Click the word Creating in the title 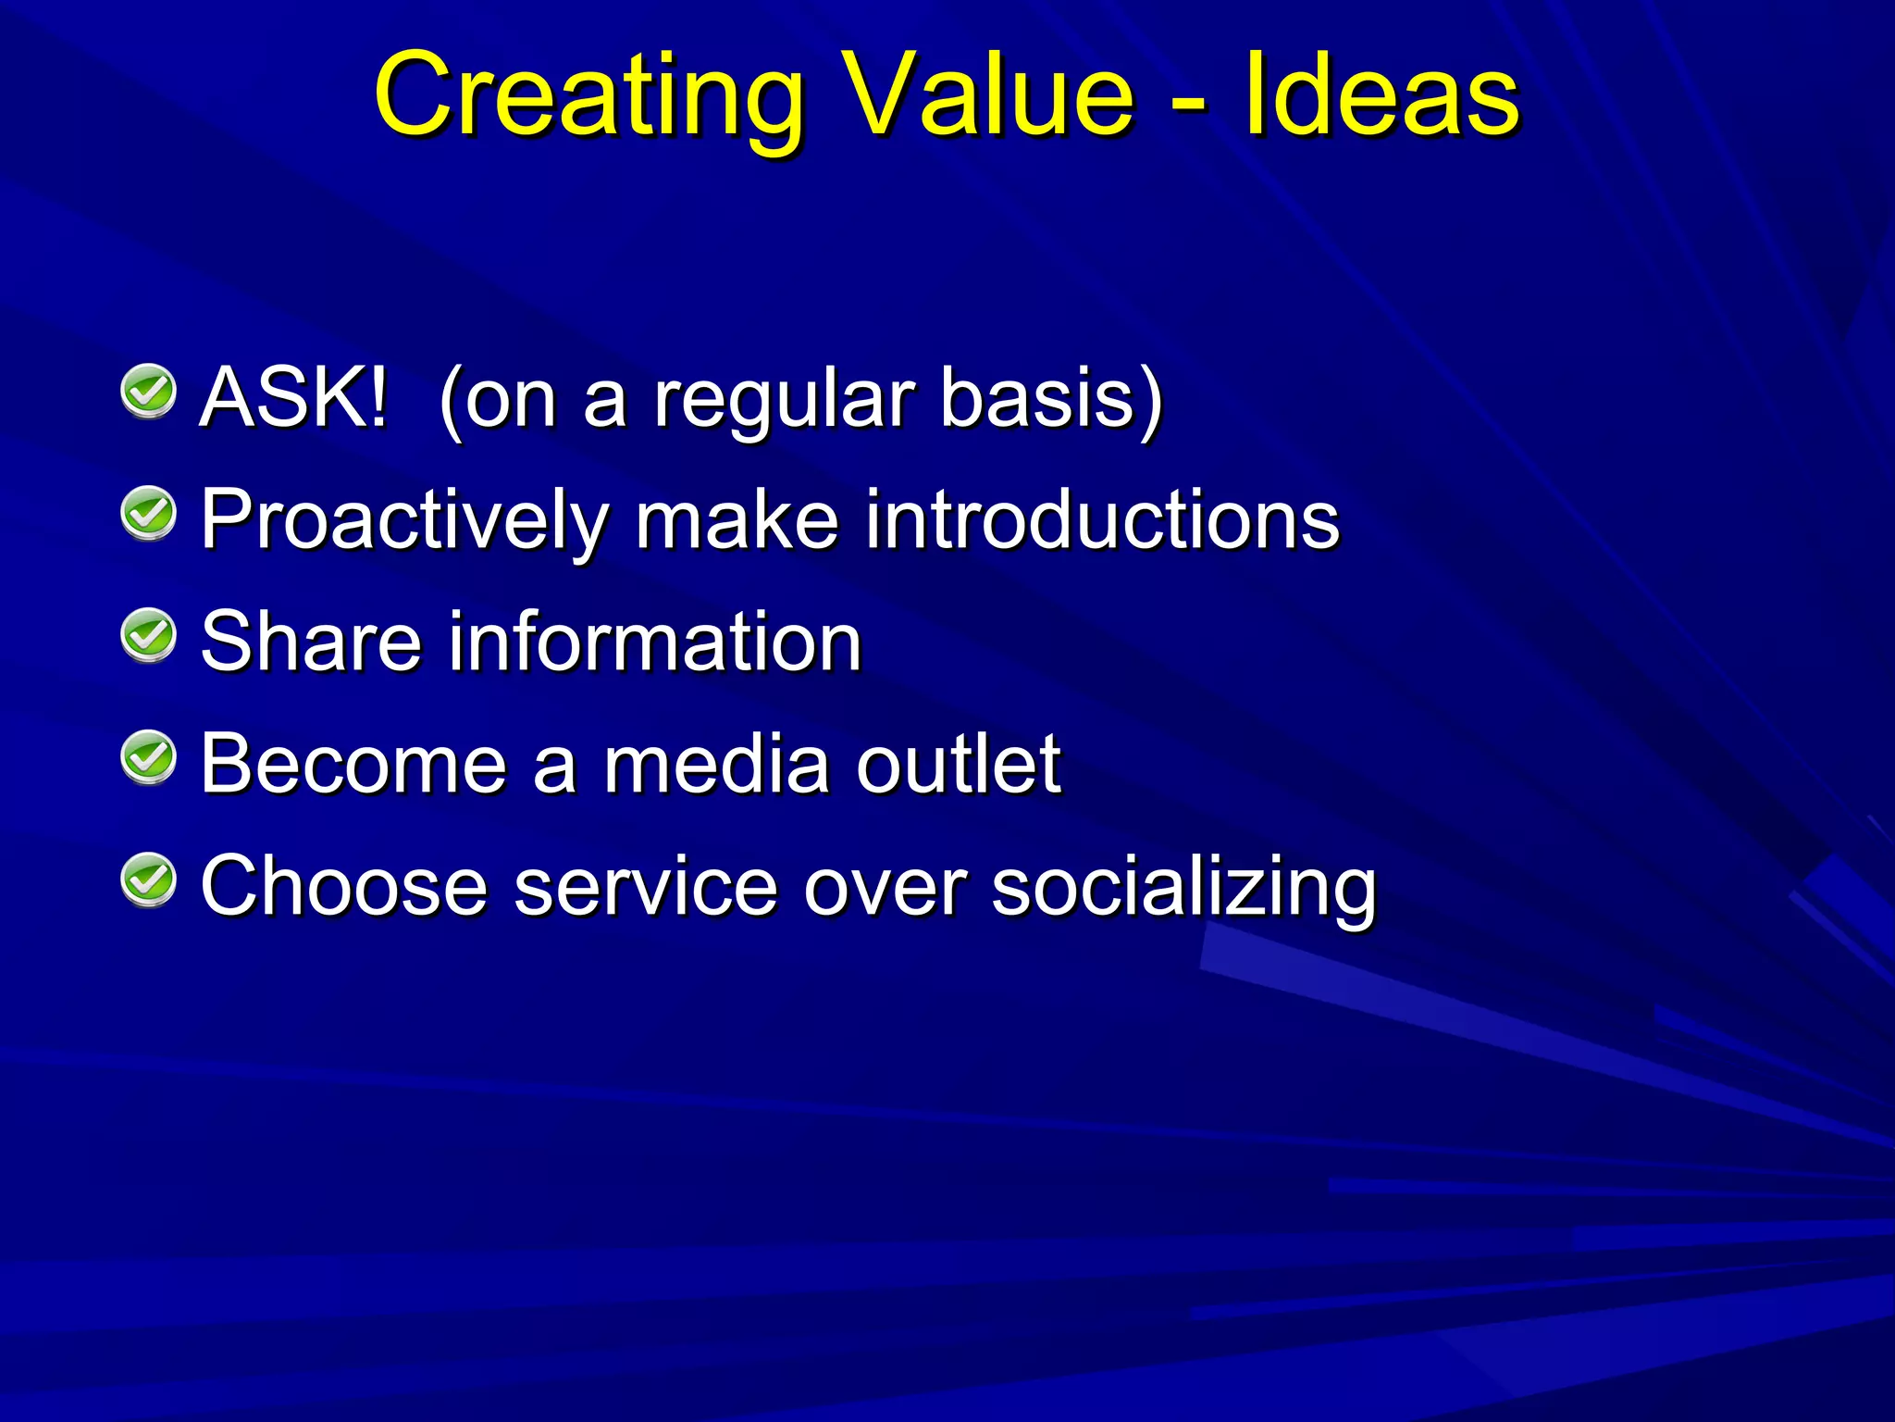pos(588,96)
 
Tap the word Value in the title pos(990,96)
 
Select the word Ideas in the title pos(1381,96)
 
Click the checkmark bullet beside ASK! pos(148,393)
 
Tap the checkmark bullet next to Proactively pos(148,514)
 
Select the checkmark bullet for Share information pos(148,636)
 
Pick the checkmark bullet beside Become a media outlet pos(148,758)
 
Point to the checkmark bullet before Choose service pos(148,880)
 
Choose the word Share pos(311,642)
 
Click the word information pos(655,642)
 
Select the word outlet pos(958,765)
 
